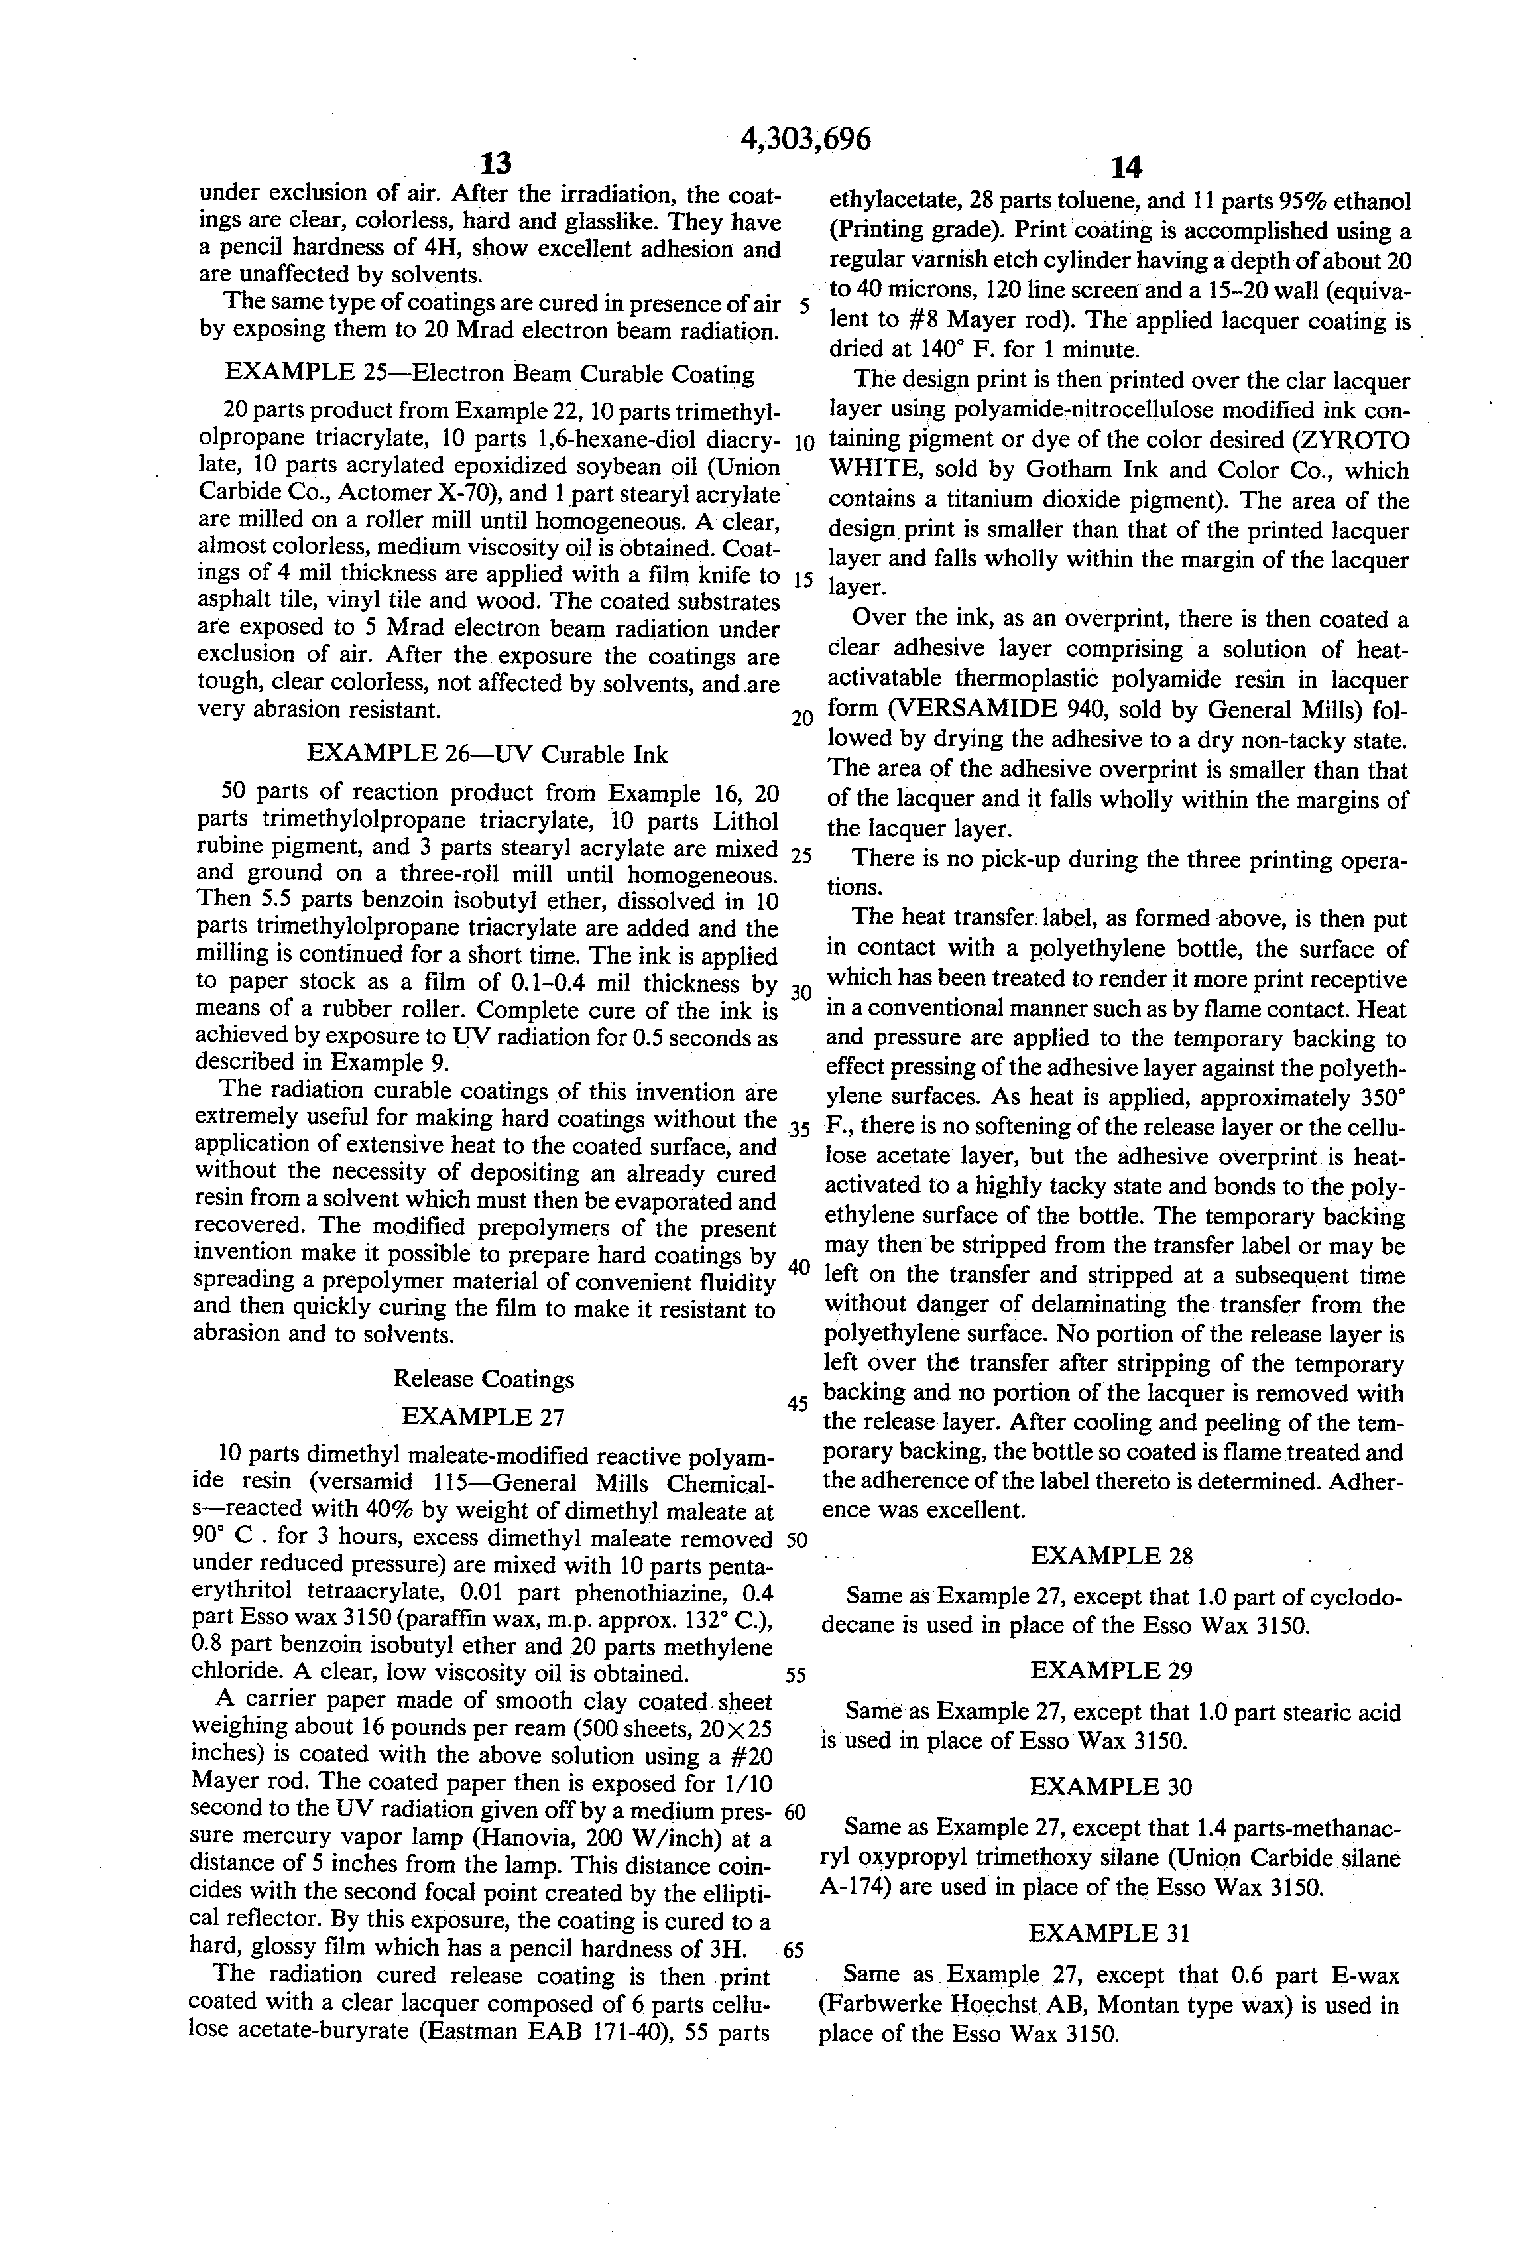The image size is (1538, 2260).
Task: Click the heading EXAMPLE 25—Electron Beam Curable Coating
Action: (x=490, y=375)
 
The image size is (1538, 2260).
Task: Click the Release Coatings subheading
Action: (x=483, y=1379)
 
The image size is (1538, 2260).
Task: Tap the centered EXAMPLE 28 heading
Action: (x=1111, y=1556)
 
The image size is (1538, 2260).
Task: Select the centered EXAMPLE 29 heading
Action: (x=1111, y=1670)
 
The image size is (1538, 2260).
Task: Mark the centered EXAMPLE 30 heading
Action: (x=1110, y=1787)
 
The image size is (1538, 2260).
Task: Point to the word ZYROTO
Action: (x=1351, y=440)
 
